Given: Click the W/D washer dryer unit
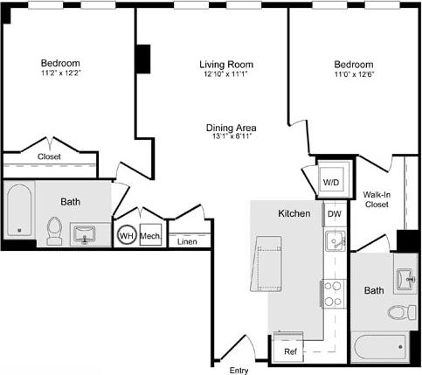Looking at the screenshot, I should click(332, 181).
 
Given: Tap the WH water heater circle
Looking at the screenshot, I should click(126, 236).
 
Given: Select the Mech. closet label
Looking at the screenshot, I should click(149, 236).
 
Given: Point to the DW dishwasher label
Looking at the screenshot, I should click(334, 214).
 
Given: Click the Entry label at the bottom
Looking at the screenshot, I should click(239, 370).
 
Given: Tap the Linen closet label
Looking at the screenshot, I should click(187, 240).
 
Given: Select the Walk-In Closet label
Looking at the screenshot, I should click(377, 200).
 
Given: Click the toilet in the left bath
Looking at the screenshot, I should click(54, 230).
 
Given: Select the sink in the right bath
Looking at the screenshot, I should click(404, 279).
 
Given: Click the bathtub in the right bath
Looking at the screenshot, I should click(378, 347).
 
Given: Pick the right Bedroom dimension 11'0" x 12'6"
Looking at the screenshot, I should click(353, 76).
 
